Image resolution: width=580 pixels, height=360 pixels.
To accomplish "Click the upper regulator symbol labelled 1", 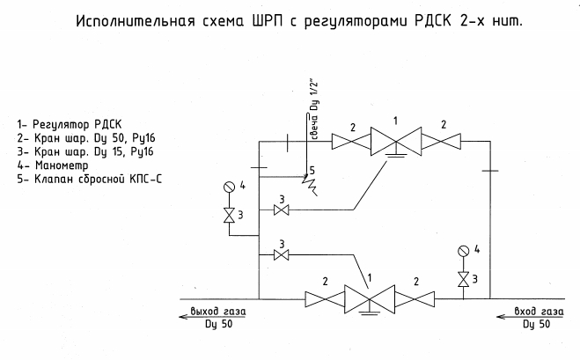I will (x=394, y=141).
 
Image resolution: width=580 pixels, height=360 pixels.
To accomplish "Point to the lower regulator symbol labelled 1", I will (x=369, y=299).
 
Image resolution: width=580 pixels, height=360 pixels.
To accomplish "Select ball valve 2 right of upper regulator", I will (x=442, y=141).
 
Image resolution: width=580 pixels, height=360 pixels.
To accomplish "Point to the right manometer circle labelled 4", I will (x=462, y=251).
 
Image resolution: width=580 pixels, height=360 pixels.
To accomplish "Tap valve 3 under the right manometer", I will (x=462, y=280).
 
